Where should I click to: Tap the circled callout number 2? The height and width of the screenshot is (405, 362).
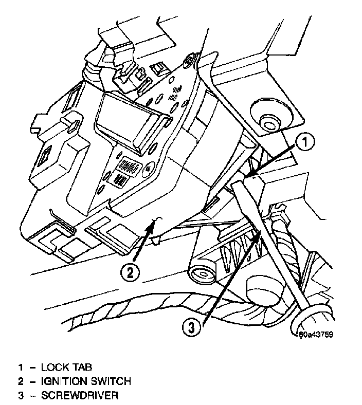[131, 271]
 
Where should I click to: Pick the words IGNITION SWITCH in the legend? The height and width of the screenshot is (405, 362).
[86, 381]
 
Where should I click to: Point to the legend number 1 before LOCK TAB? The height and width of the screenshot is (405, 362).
[21, 367]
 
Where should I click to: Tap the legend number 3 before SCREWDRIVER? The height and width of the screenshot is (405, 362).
[21, 396]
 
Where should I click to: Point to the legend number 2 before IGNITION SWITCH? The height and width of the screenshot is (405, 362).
[21, 381]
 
